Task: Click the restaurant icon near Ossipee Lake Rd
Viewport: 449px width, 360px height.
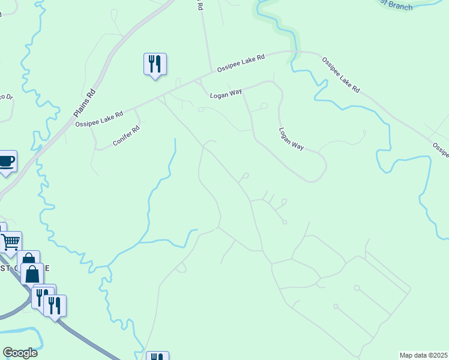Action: [155, 64]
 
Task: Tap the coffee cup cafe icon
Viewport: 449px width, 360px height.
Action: [6, 161]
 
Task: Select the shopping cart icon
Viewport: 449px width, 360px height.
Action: [11, 242]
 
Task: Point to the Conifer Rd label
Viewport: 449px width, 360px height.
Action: [126, 136]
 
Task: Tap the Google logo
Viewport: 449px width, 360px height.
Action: [20, 353]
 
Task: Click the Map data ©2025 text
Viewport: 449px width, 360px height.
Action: [424, 355]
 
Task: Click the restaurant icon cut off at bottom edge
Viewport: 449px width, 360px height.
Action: [157, 356]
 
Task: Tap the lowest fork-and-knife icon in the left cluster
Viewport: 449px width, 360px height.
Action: [55, 305]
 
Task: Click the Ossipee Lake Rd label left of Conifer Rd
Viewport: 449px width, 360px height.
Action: [99, 118]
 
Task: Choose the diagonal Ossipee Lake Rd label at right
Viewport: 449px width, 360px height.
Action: [340, 75]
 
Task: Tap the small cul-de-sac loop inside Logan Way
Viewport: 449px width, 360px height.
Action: [264, 107]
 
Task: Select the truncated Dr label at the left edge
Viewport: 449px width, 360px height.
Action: [6, 96]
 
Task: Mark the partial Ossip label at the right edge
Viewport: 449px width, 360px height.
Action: [441, 150]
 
